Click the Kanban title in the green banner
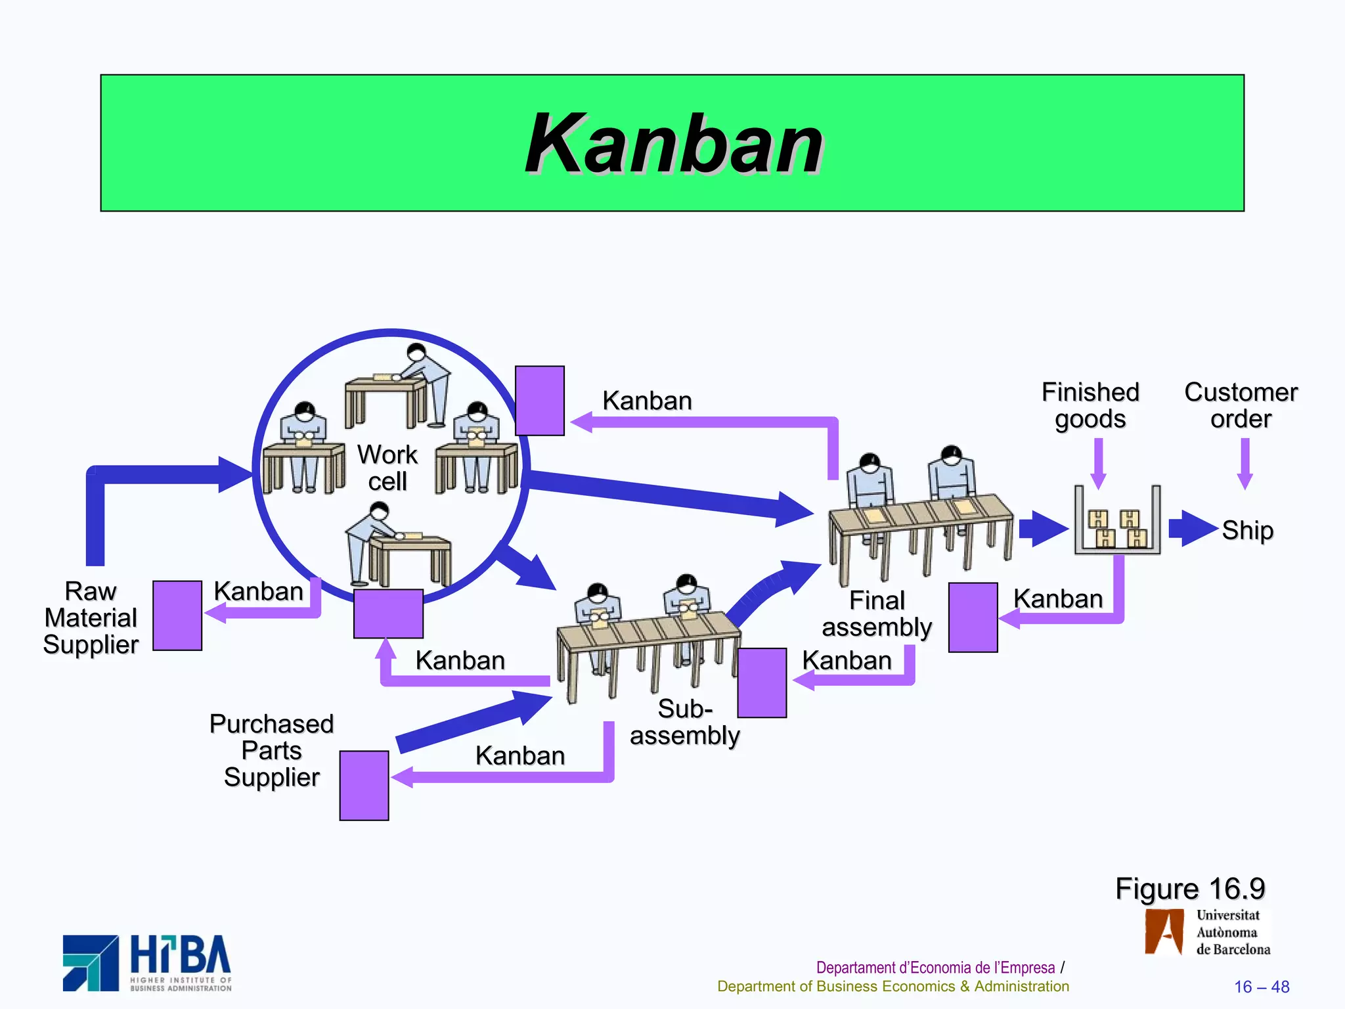click(x=674, y=144)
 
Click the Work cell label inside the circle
click(x=387, y=468)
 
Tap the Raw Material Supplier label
click(x=91, y=617)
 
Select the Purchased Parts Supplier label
click(x=271, y=750)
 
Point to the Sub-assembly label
click(x=684, y=722)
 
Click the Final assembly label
click(x=877, y=614)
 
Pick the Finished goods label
click(x=1090, y=405)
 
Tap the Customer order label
click(x=1241, y=405)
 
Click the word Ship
click(x=1247, y=530)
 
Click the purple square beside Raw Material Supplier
click(x=177, y=616)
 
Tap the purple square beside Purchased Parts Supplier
click(x=364, y=786)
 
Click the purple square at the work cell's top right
click(x=540, y=401)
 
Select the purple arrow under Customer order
click(x=1245, y=463)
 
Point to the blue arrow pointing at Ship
click(x=1193, y=528)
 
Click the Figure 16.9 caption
click(x=1190, y=889)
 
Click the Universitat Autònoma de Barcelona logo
click(x=1207, y=932)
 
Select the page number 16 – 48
click(x=1261, y=987)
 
